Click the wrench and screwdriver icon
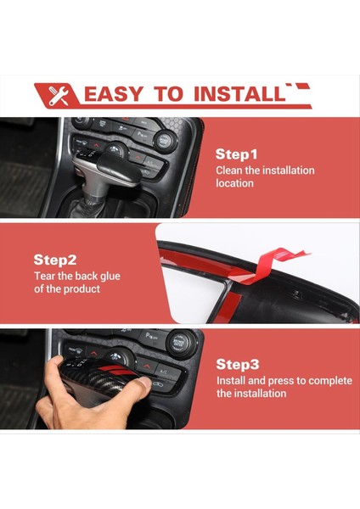coord(59,95)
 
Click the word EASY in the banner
coord(113,94)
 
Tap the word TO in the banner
coord(169,94)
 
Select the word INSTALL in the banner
coord(239,94)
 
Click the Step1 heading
coord(236,154)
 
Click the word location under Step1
coord(234,183)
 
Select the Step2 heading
coord(55,260)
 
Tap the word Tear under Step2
coord(44,277)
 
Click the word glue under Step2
coord(110,277)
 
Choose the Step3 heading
coord(238,364)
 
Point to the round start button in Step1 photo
coord(163,140)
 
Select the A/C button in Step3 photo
coord(165,372)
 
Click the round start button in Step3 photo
coord(178,343)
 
